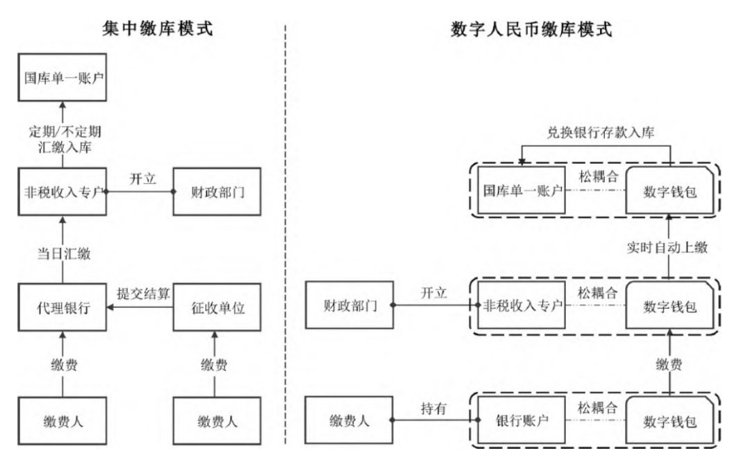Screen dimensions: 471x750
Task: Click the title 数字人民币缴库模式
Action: click(x=532, y=29)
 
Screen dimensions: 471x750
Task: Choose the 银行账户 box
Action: click(x=522, y=420)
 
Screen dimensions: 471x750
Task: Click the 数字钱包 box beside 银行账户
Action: click(x=669, y=420)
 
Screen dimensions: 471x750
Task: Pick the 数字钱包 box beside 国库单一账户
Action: click(x=669, y=190)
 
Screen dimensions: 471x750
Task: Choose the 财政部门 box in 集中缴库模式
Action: click(x=216, y=190)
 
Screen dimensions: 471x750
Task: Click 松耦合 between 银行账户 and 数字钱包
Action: click(x=596, y=408)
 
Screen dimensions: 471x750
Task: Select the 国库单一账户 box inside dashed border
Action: click(x=522, y=190)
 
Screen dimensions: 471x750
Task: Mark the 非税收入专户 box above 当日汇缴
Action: click(x=63, y=190)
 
